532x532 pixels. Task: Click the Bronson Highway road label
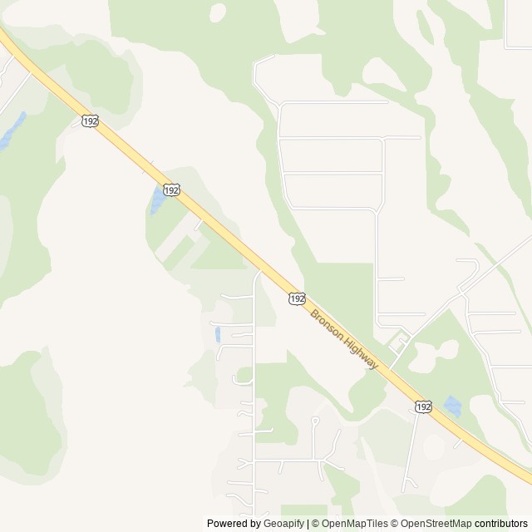pyautogui.click(x=344, y=341)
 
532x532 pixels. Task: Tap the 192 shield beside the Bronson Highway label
pyautogui.click(x=298, y=298)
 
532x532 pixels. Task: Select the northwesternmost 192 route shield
pyautogui.click(x=90, y=121)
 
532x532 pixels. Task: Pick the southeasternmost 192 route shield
pyautogui.click(x=423, y=406)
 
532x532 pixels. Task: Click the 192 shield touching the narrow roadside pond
pyautogui.click(x=170, y=190)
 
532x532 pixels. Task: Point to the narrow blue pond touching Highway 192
pyautogui.click(x=156, y=200)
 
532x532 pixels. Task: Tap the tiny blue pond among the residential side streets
pyautogui.click(x=217, y=334)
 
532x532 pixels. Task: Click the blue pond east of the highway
pyautogui.click(x=451, y=406)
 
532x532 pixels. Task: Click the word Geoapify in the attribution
pyautogui.click(x=284, y=524)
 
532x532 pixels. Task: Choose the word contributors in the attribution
pyautogui.click(x=501, y=524)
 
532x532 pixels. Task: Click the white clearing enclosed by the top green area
pyautogui.click(x=219, y=12)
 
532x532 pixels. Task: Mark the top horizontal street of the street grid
pyautogui.click(x=332, y=102)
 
